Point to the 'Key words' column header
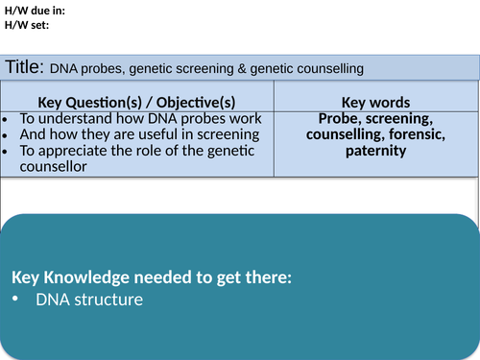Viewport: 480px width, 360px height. click(375, 102)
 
